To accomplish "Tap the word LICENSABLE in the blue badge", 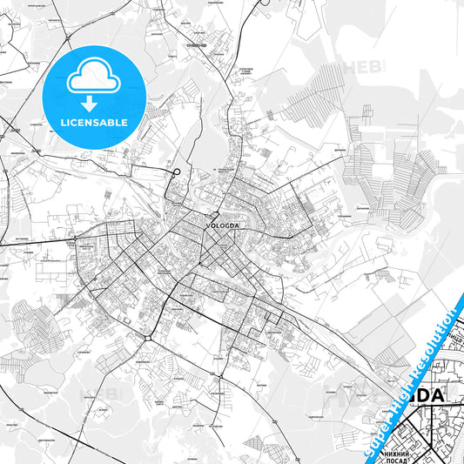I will click(93, 122).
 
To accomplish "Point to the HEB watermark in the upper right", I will click(357, 66).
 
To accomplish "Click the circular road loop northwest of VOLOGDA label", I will click(175, 173).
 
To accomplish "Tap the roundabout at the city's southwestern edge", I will click(149, 337).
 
